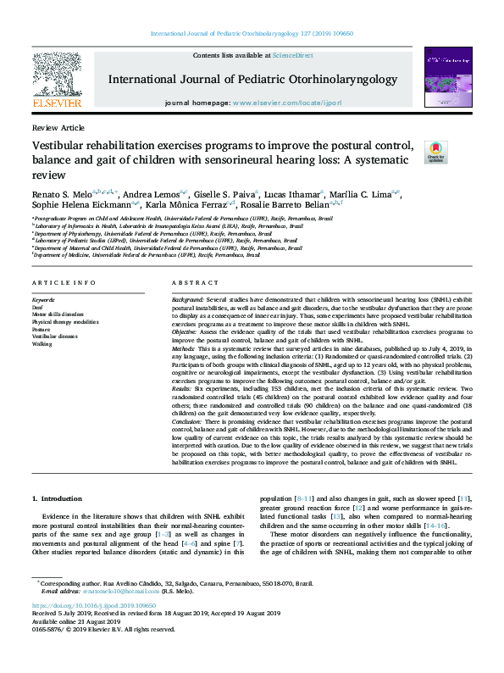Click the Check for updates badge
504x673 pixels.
coord(435,152)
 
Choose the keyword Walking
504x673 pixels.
coord(42,345)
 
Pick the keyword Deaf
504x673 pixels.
coord(38,307)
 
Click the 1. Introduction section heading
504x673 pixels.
coord(63,499)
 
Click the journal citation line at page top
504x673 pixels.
coord(252,33)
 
